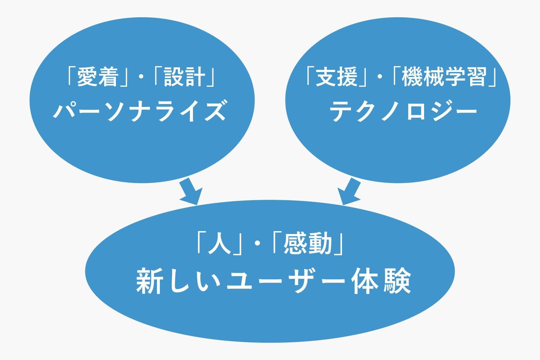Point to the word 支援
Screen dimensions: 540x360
click(336, 77)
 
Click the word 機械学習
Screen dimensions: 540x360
click(444, 77)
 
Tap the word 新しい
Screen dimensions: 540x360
click(179, 280)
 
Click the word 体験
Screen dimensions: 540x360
click(381, 280)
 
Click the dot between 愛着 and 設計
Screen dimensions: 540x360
click(141, 77)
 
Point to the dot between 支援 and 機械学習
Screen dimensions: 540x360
click(380, 77)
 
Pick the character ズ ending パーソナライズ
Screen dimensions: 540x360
click(215, 111)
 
